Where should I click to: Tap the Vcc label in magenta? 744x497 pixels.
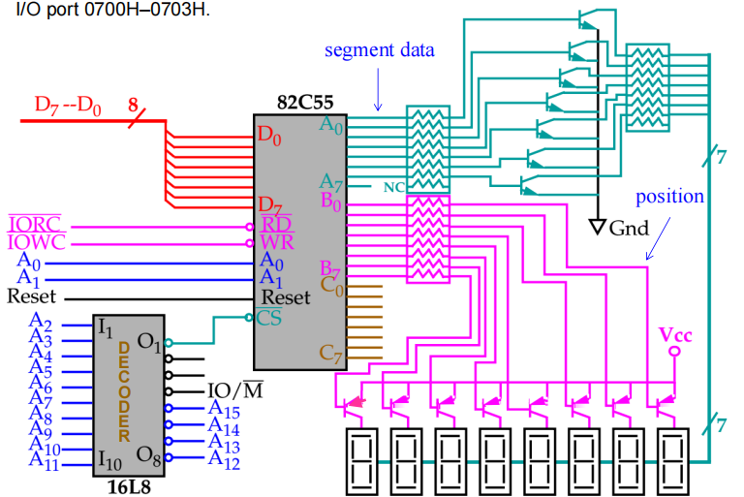[x=675, y=334]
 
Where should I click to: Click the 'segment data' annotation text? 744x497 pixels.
[x=379, y=49]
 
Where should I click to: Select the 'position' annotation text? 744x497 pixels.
[x=669, y=197]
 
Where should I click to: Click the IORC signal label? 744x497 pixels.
[x=34, y=223]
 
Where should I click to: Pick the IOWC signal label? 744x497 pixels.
[x=35, y=242]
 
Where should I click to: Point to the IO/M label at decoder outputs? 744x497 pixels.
[x=235, y=391]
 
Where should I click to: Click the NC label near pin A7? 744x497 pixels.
[x=393, y=186]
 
